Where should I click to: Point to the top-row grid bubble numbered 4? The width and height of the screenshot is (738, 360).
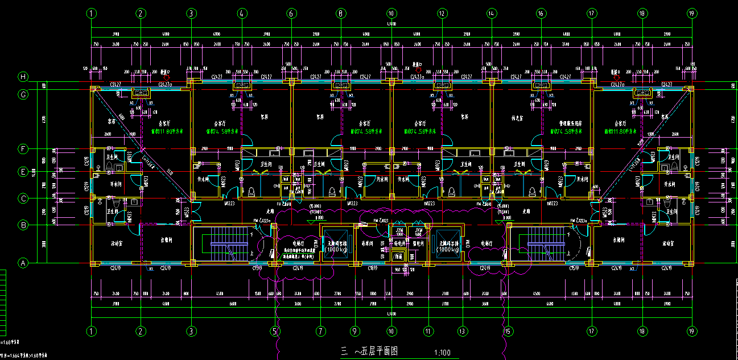[x=241, y=13]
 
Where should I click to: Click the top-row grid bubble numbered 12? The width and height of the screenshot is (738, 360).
[x=441, y=13]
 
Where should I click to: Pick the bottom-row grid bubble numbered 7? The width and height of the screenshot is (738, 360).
[x=321, y=330]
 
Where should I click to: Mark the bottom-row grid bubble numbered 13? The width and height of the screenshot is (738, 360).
[x=462, y=330]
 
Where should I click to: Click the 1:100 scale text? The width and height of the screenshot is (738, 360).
[x=443, y=353]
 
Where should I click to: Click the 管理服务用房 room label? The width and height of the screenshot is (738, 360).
[x=570, y=123]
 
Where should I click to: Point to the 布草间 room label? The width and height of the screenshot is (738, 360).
[x=366, y=243]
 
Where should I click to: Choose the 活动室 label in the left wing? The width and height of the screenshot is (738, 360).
[x=118, y=243]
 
